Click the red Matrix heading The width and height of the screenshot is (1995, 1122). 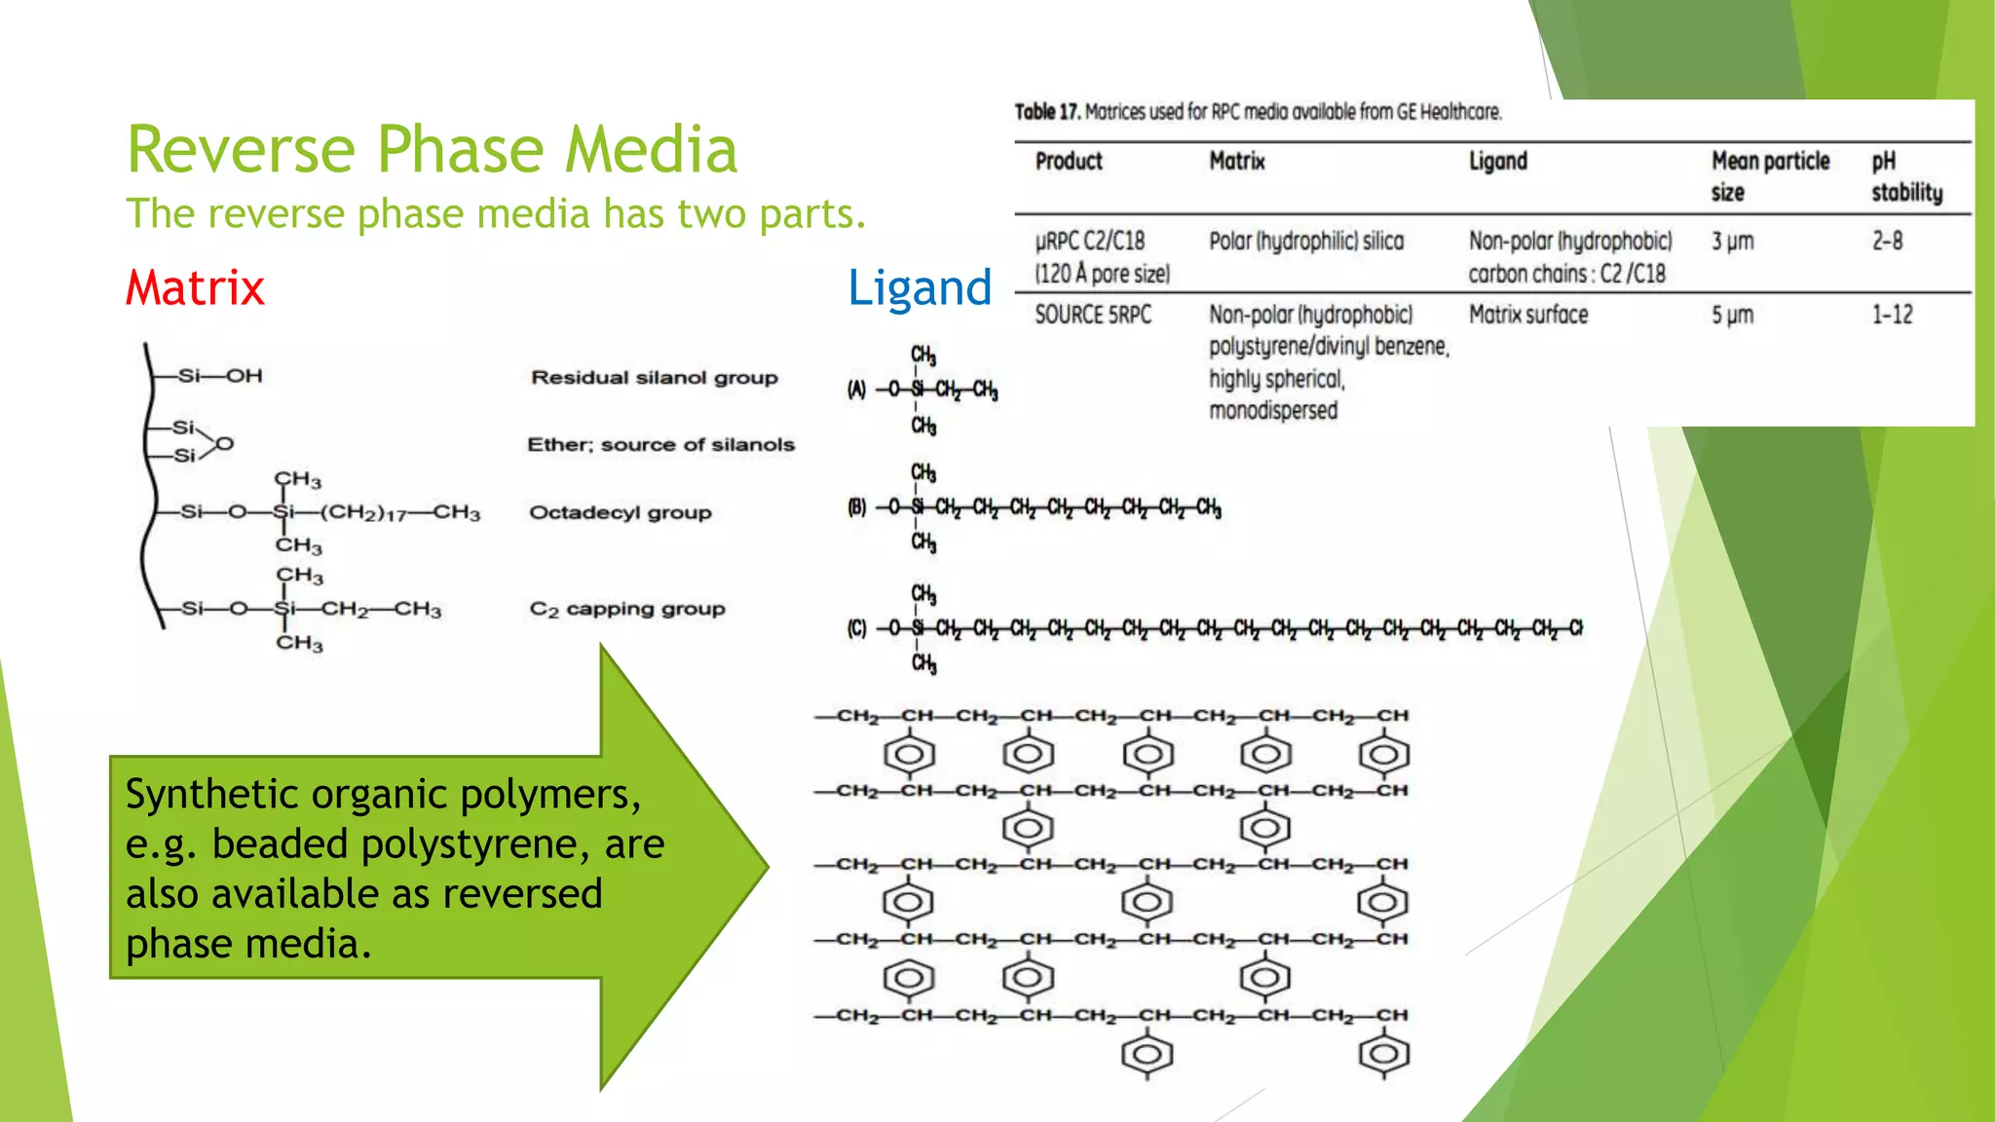pos(195,288)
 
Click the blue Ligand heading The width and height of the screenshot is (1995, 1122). pos(920,288)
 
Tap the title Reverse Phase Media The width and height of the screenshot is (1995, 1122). pos(433,150)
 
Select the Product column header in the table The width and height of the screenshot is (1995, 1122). pos(1069,162)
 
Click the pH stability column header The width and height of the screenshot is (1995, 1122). pos(1906,176)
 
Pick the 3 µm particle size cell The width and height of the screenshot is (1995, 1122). pos(1733,242)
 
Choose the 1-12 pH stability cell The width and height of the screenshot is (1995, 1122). pos(1892,315)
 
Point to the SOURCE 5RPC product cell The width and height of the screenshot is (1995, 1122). pos(1093,315)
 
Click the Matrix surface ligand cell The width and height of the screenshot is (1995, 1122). pos(1528,315)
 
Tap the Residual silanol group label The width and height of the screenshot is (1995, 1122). pos(655,378)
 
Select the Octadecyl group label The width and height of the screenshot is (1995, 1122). pos(621,512)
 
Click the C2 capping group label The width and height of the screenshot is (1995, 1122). pos(627,610)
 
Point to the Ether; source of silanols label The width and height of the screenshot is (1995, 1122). pos(661,445)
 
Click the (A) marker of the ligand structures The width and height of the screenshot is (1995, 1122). pos(856,391)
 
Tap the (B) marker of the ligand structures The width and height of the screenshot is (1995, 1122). pos(856,507)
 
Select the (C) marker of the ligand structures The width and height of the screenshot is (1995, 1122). pos(856,629)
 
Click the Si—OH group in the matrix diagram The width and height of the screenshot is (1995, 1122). pos(220,376)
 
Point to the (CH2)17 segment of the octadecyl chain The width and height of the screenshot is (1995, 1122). pos(364,513)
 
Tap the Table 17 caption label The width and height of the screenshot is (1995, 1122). pos(1047,112)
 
